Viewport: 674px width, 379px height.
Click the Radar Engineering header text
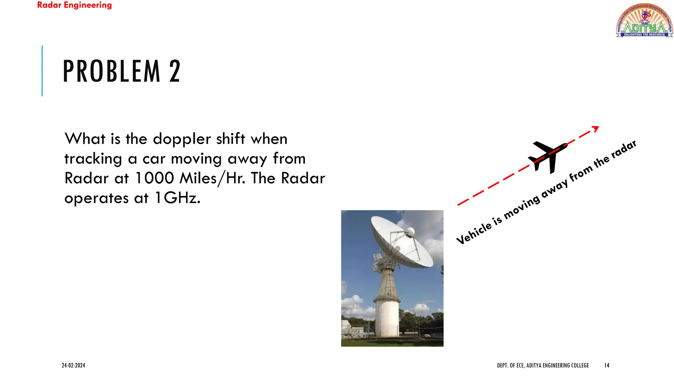[74, 5]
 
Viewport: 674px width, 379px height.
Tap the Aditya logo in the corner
[644, 20]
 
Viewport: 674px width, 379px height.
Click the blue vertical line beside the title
[42, 71]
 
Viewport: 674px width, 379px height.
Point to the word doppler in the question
[182, 139]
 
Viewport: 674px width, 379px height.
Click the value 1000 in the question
[154, 178]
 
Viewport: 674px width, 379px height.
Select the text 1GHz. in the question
[177, 198]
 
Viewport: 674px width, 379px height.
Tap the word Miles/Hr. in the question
[213, 178]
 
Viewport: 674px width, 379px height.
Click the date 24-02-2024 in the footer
[73, 365]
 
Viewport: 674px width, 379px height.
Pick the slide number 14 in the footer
[607, 365]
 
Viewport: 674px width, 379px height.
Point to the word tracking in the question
[93, 159]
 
